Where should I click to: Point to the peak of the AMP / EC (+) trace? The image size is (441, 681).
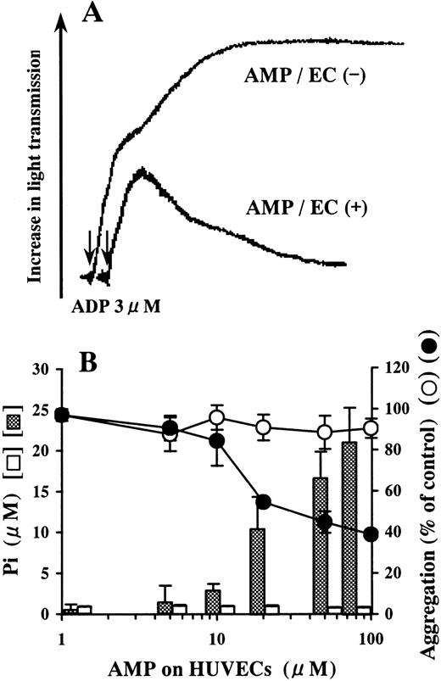tap(142, 172)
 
